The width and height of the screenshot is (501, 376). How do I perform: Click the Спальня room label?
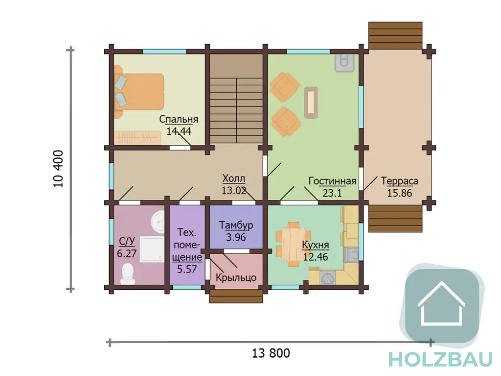pyautogui.click(x=179, y=120)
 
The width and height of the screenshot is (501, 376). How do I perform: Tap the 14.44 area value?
pyautogui.click(x=179, y=131)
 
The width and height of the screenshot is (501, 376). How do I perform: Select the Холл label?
pyautogui.click(x=234, y=178)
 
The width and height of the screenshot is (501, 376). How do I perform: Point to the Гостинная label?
pyautogui.click(x=332, y=181)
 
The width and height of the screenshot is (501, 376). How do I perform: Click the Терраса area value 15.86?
pyautogui.click(x=399, y=193)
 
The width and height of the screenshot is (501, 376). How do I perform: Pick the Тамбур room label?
pyautogui.click(x=236, y=225)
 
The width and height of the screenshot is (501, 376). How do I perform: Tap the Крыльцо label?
pyautogui.click(x=236, y=277)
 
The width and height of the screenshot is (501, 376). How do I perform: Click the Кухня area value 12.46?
pyautogui.click(x=316, y=257)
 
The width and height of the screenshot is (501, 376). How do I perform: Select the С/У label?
pyautogui.click(x=127, y=241)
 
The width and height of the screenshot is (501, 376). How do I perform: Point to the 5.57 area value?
pyautogui.click(x=187, y=269)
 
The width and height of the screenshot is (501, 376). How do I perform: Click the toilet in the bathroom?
pyautogui.click(x=128, y=274)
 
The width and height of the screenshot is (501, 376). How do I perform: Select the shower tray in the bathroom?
pyautogui.click(x=153, y=250)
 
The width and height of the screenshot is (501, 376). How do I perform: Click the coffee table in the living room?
pyautogui.click(x=311, y=102)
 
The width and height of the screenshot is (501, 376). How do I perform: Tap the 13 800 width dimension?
pyautogui.click(x=271, y=353)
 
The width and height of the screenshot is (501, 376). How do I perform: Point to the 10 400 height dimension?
pyautogui.click(x=59, y=169)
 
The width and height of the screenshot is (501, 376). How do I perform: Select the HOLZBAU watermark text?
pyautogui.click(x=441, y=359)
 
